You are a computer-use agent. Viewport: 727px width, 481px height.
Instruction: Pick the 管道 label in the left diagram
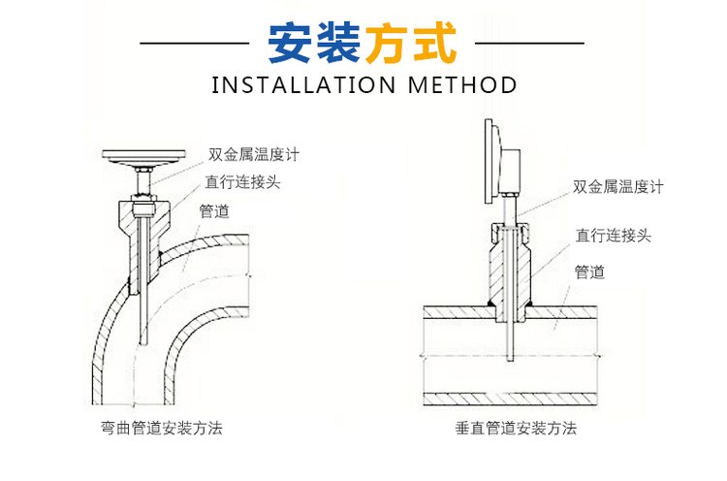(214, 210)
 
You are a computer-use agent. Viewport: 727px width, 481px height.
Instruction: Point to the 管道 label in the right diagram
(590, 273)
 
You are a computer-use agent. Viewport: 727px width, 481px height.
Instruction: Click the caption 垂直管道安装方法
(516, 427)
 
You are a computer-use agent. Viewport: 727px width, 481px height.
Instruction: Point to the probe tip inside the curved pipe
(143, 344)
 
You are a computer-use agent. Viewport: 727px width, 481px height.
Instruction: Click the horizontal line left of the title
(195, 44)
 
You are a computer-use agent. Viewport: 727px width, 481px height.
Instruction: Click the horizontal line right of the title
(531, 44)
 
